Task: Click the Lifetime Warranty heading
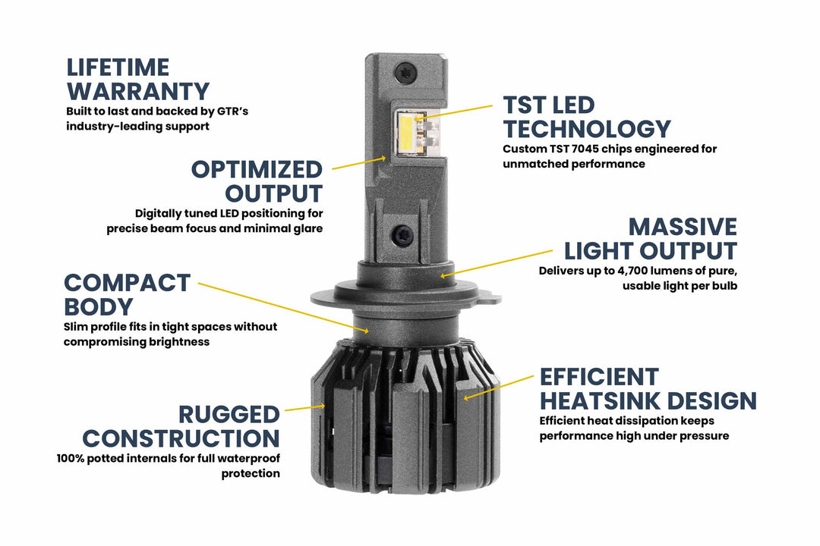tap(137, 79)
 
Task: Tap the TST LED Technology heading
tap(586, 117)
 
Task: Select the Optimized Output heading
tap(257, 180)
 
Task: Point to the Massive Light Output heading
tap(650, 238)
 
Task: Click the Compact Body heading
tap(127, 294)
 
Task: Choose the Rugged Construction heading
tap(181, 426)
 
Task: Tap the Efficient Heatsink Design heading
tap(648, 388)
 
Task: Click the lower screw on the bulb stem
tap(405, 236)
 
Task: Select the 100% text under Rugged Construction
tap(72, 459)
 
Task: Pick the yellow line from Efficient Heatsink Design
tap(497, 387)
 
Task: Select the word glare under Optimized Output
tap(306, 228)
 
